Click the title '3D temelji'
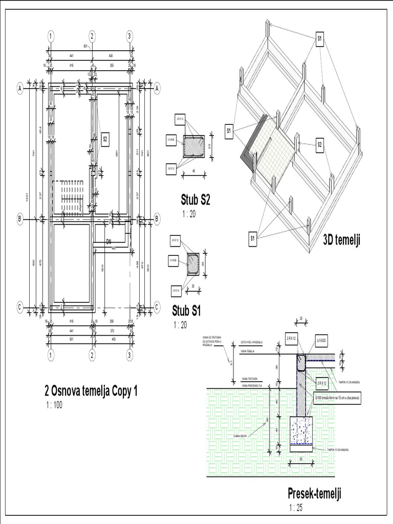tap(341, 241)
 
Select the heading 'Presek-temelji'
tap(314, 494)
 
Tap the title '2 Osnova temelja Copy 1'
tap(91, 391)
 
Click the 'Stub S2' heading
tap(195, 199)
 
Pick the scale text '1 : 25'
tap(296, 508)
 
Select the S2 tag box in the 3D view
tap(320, 145)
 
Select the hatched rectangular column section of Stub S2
tap(193, 146)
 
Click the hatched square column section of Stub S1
tap(193, 264)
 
